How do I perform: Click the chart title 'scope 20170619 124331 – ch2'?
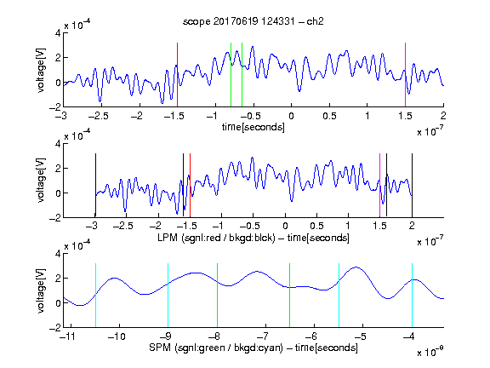pos(254,21)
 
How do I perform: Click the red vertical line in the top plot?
pos(177,75)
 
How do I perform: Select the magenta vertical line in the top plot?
pos(405,75)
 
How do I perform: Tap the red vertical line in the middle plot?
pos(190,185)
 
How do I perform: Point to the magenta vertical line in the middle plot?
pos(379,185)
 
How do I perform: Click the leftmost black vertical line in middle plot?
pos(95,185)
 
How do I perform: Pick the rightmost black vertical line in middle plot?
pos(412,185)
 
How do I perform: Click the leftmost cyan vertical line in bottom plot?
pos(95,296)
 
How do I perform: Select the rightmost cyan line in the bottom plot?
pos(412,296)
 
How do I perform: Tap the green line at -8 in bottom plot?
pos(217,296)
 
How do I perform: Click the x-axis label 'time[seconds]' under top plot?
pos(254,127)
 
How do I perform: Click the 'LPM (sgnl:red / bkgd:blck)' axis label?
pos(216,238)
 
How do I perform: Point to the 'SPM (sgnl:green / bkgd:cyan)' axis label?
pos(216,348)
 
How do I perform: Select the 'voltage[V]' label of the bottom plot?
pos(41,290)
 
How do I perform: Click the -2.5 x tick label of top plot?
pos(99,117)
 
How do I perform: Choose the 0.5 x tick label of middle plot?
pos(316,227)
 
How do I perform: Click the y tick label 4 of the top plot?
pos(58,33)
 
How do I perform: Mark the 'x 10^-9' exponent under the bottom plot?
pos(430,352)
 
